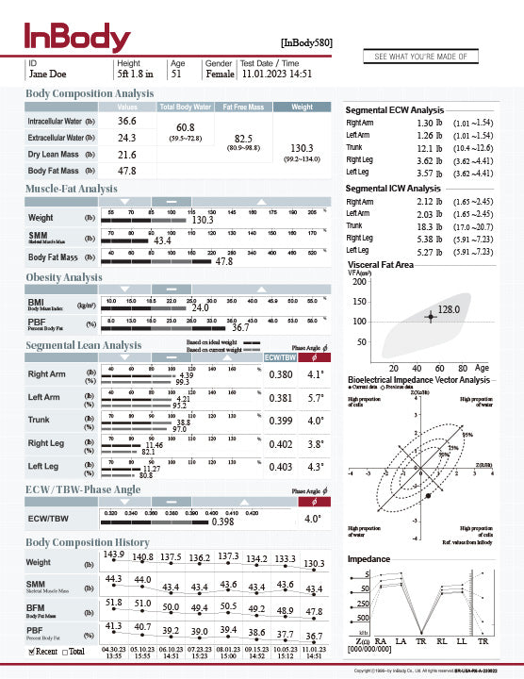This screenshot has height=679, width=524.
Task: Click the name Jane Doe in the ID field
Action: pos(48,72)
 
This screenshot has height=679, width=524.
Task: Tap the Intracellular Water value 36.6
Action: pos(126,121)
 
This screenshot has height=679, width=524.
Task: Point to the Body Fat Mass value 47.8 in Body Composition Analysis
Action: pos(126,171)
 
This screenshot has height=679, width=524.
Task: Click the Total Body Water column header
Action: pos(186,107)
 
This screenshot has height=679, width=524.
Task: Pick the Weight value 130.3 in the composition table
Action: pos(302,148)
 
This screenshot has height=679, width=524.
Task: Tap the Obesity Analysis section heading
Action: pos(63,277)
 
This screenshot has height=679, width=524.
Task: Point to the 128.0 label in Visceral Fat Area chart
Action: pos(449,308)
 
